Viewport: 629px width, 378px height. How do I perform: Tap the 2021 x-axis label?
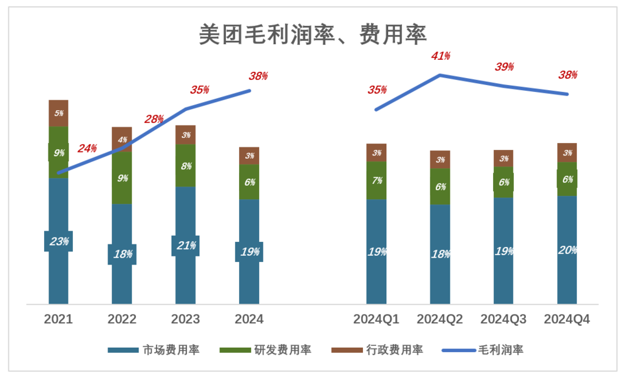pyautogui.click(x=58, y=319)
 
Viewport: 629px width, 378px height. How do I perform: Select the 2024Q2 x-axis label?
pyautogui.click(x=440, y=319)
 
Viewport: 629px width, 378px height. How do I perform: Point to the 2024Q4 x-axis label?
pyautogui.click(x=567, y=319)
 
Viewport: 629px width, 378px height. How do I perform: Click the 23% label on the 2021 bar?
pyautogui.click(x=58, y=241)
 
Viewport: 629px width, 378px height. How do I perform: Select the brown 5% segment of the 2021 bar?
pyautogui.click(x=58, y=113)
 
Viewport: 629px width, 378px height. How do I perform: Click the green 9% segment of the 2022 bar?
pyautogui.click(x=122, y=178)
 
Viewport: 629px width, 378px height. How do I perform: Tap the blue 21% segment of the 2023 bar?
pyautogui.click(x=186, y=245)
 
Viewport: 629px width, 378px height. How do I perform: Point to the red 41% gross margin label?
pyautogui.click(x=440, y=56)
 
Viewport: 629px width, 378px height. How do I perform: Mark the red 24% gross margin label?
pyautogui.click(x=87, y=149)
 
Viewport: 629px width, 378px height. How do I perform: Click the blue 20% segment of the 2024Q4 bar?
pyautogui.click(x=567, y=249)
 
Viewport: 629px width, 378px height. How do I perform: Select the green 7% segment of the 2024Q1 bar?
pyautogui.click(x=377, y=180)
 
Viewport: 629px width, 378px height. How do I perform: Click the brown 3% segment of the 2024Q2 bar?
pyautogui.click(x=440, y=159)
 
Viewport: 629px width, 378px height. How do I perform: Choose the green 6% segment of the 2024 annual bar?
pyautogui.click(x=249, y=182)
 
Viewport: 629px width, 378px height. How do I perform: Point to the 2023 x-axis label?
pyautogui.click(x=185, y=319)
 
